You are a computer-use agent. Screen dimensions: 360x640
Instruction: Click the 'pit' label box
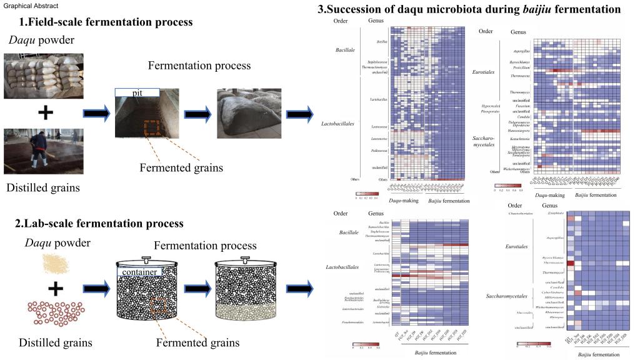pyautogui.click(x=138, y=92)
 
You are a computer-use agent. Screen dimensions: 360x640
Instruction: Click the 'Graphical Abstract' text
pyautogui.click(x=31, y=6)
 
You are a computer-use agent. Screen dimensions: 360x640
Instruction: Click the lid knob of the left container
pyautogui.click(x=146, y=257)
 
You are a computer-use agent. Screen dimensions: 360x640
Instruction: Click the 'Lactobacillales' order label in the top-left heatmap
pyautogui.click(x=340, y=124)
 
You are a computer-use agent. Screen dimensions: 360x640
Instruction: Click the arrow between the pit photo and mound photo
pyautogui.click(x=199, y=114)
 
